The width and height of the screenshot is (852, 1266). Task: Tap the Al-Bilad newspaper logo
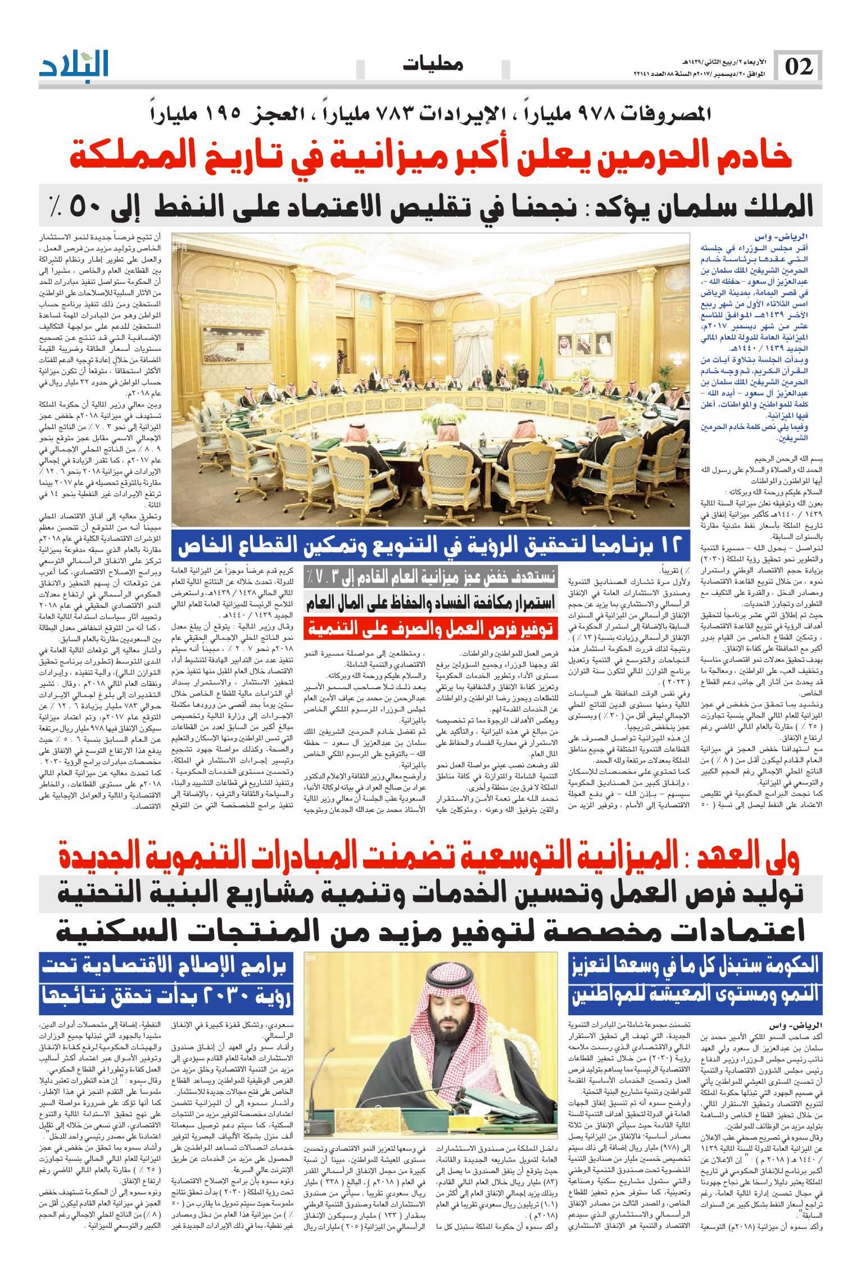[74, 66]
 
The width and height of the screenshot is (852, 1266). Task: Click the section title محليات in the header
[433, 65]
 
